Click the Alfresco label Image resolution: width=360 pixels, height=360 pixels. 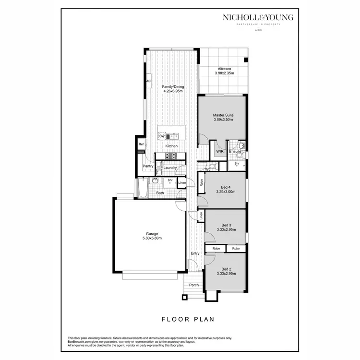pyautogui.click(x=224, y=69)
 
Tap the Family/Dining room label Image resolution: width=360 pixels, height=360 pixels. pyautogui.click(x=173, y=87)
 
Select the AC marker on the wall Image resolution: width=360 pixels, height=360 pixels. pyautogui.click(x=148, y=81)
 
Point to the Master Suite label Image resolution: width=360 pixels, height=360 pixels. pyautogui.click(x=223, y=115)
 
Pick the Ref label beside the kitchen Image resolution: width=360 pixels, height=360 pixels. pyautogui.click(x=141, y=144)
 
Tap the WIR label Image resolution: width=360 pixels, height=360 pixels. pyautogui.click(x=220, y=152)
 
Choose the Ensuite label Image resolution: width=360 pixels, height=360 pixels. pyautogui.click(x=235, y=152)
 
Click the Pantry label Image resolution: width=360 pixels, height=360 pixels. pyautogui.click(x=148, y=166)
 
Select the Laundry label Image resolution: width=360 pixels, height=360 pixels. pyautogui.click(x=170, y=168)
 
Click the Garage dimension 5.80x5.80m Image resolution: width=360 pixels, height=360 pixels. pyautogui.click(x=152, y=239)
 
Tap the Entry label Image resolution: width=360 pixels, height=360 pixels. pyautogui.click(x=195, y=253)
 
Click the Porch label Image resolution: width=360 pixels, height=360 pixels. pyautogui.click(x=194, y=285)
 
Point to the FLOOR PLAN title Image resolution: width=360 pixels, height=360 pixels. pyautogui.click(x=187, y=318)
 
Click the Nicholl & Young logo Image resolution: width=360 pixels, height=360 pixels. pyautogui.click(x=257, y=18)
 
